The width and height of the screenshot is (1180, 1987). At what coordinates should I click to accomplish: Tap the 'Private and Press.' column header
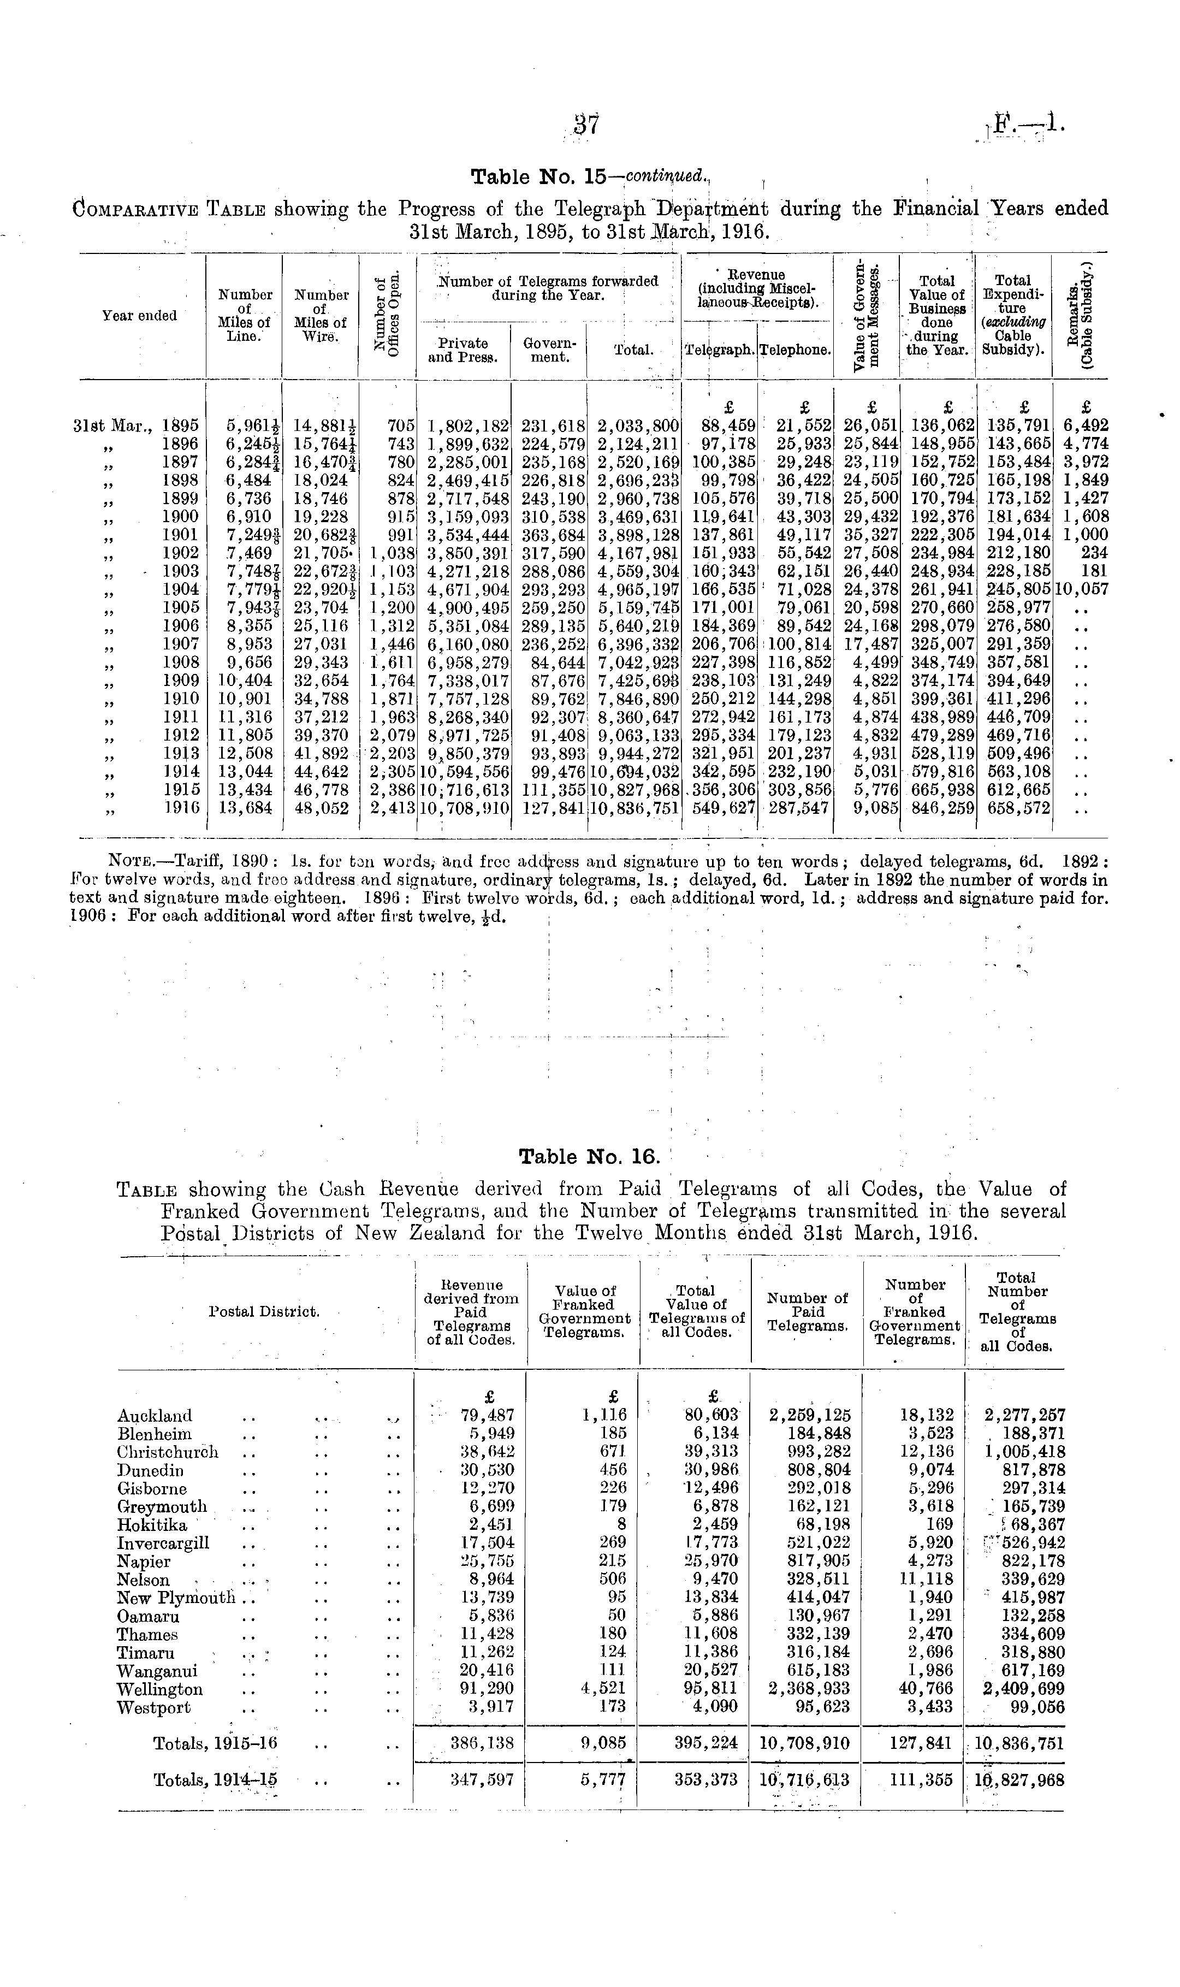[x=464, y=350]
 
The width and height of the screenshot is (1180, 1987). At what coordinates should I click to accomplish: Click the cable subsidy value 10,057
[x=1081, y=589]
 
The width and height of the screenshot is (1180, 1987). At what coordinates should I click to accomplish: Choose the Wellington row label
[x=160, y=1690]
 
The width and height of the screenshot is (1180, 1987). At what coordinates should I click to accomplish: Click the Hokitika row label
[x=152, y=1525]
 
